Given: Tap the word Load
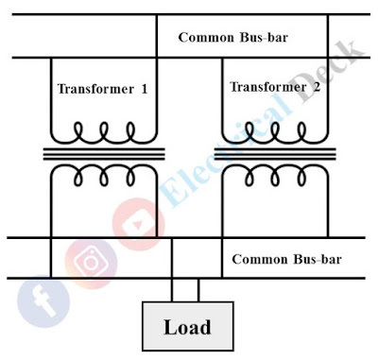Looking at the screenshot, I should click(x=186, y=328).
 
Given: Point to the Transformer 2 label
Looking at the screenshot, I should click(x=273, y=88).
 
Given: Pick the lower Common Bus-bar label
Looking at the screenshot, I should click(x=286, y=259).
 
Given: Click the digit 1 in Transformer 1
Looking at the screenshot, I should click(x=145, y=89).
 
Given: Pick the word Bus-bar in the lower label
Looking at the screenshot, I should click(x=317, y=259).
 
